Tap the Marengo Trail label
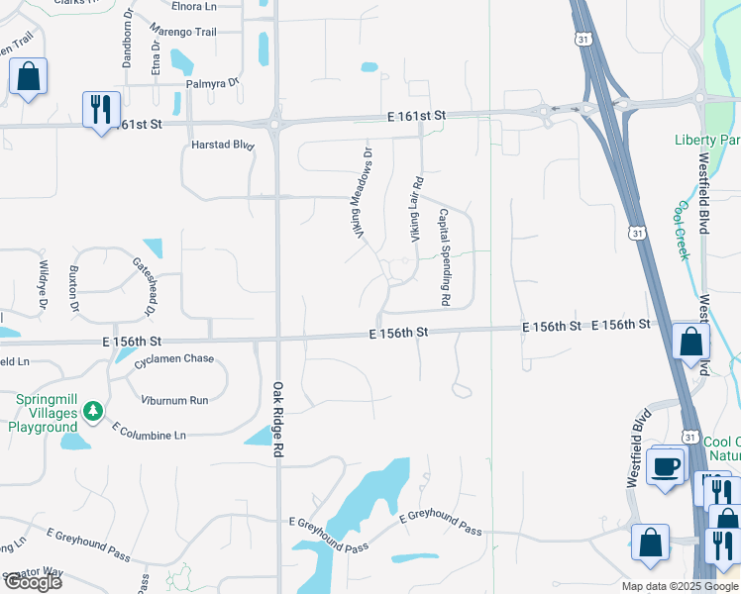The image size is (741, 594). pyautogui.click(x=191, y=33)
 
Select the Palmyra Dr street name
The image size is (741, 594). pyautogui.click(x=219, y=83)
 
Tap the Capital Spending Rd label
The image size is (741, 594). pyautogui.click(x=445, y=256)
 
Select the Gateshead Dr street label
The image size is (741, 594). pyautogui.click(x=145, y=287)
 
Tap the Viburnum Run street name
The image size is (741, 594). pyautogui.click(x=174, y=400)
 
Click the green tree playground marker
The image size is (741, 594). pyautogui.click(x=92, y=410)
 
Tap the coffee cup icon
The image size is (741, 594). pyautogui.click(x=666, y=465)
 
